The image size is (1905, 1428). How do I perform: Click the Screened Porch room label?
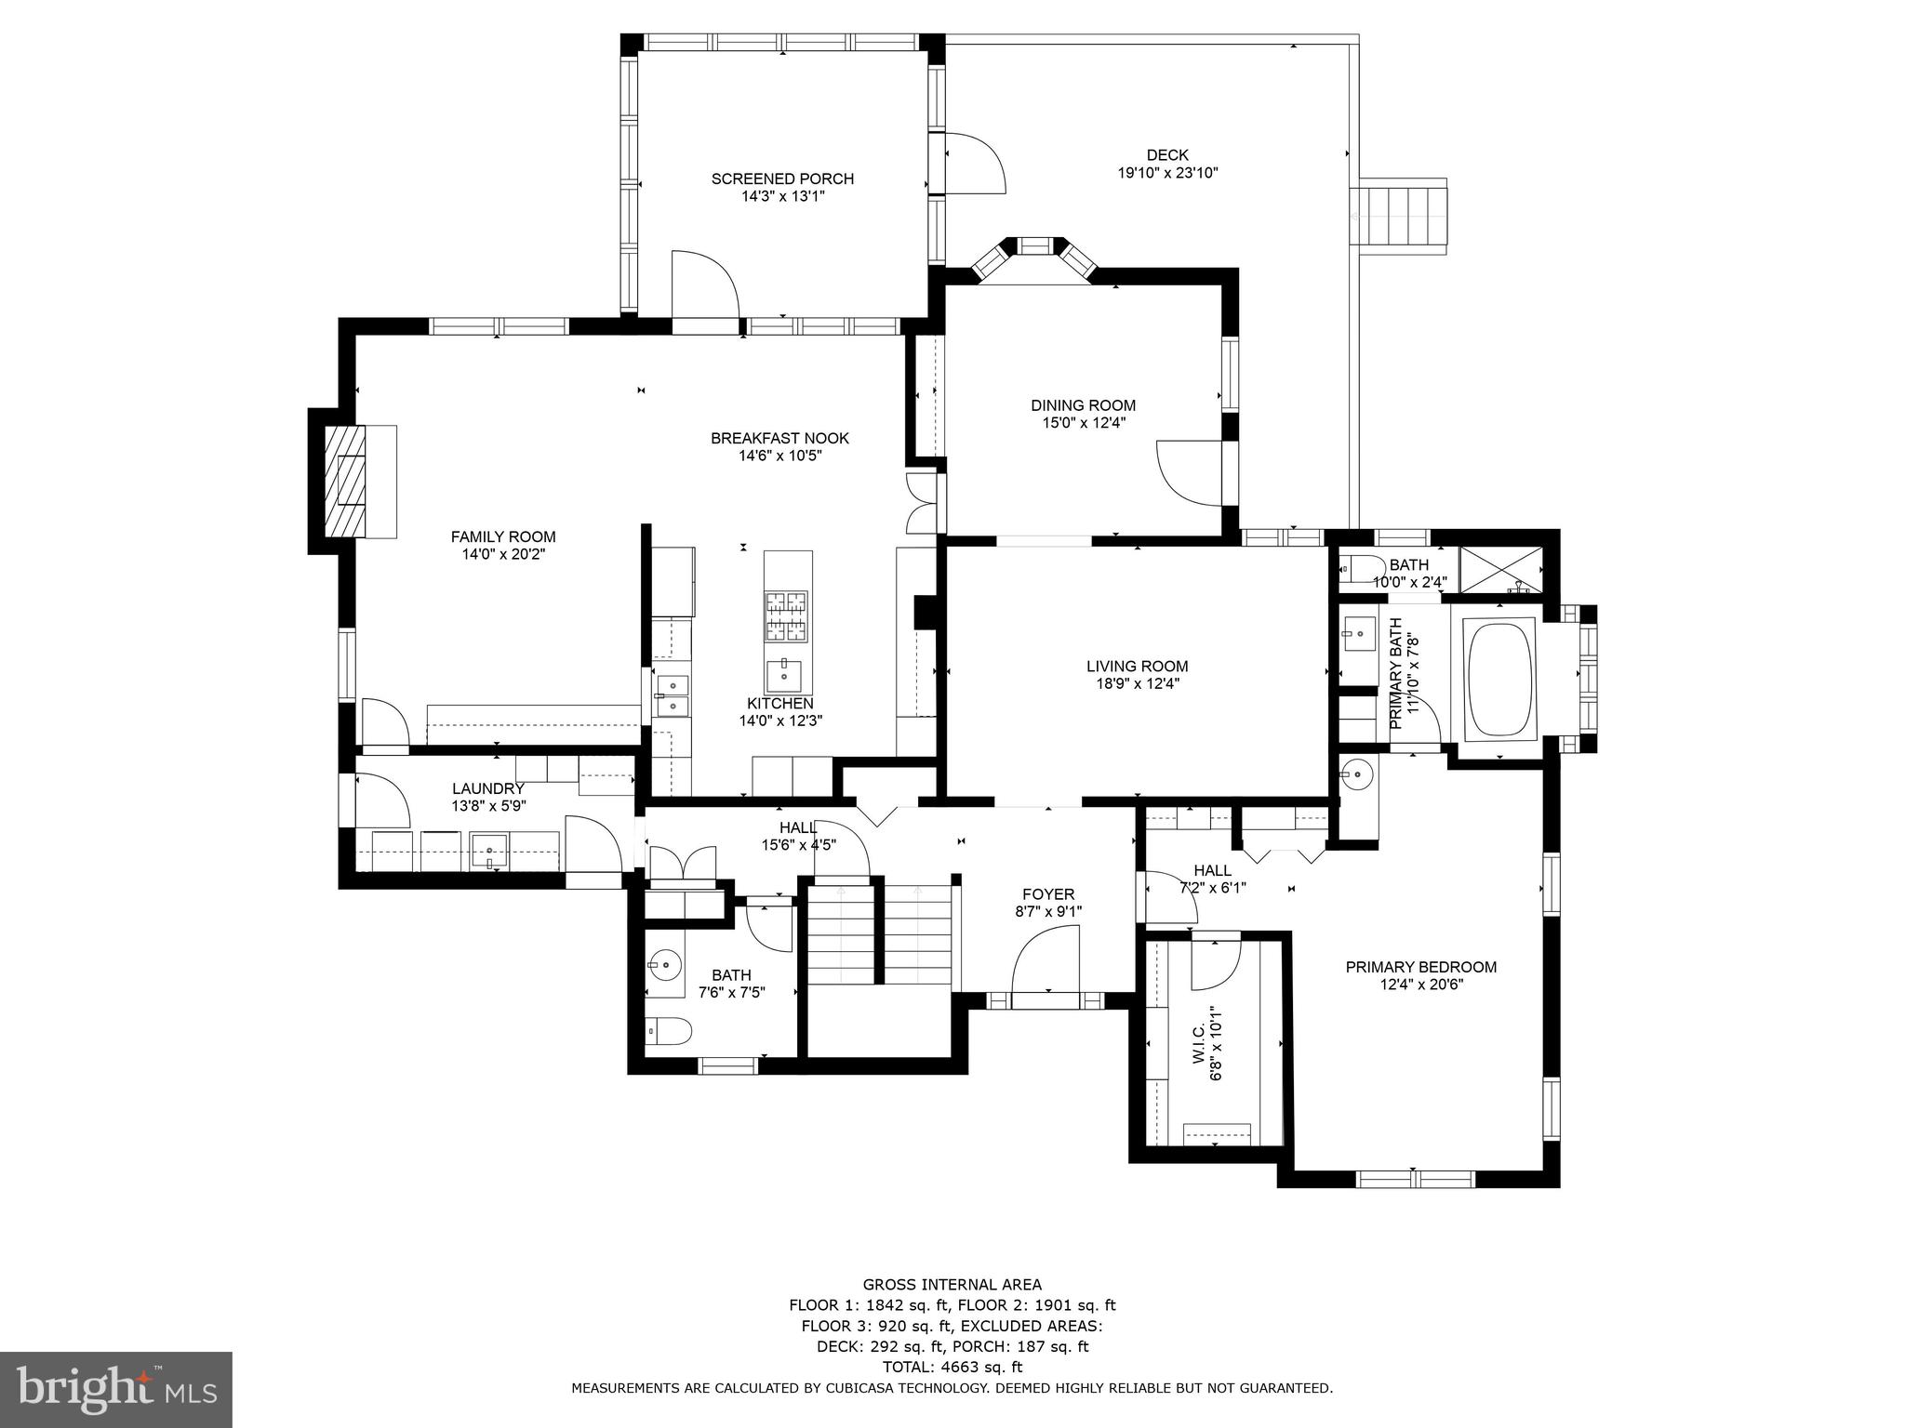tap(782, 178)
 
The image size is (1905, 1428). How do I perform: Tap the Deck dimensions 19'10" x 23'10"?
tap(1167, 173)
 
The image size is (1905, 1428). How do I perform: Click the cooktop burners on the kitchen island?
tap(788, 616)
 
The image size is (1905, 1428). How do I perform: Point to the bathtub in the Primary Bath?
tap(1498, 679)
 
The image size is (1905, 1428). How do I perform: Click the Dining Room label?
tap(1083, 405)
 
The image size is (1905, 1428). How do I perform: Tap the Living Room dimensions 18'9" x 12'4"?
tap(1137, 683)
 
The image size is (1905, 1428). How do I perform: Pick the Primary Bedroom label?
tap(1420, 967)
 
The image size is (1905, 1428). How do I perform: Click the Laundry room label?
tap(488, 788)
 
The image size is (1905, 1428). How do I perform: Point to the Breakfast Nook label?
tap(779, 438)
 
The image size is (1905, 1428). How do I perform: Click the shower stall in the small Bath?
tap(1501, 569)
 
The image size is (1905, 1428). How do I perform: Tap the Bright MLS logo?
tap(115, 1389)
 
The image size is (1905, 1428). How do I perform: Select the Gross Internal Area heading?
tap(952, 1285)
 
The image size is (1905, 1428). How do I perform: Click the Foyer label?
tap(1048, 894)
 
